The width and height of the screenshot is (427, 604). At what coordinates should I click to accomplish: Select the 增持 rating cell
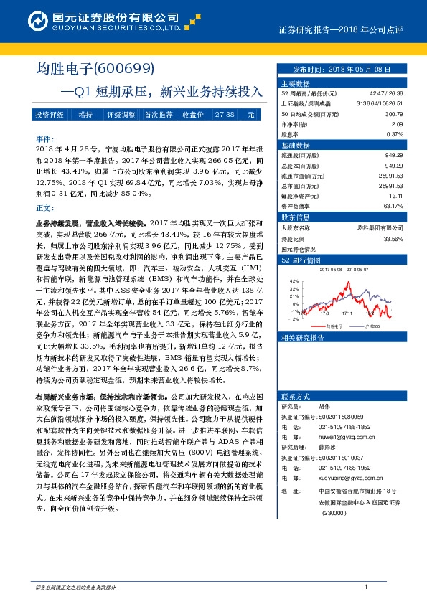(x=86, y=115)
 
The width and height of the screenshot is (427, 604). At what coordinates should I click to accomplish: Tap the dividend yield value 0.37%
(x=394, y=134)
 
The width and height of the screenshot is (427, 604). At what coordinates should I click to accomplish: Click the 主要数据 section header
(x=294, y=83)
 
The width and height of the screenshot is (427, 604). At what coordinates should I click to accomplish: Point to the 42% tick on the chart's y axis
(x=293, y=282)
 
